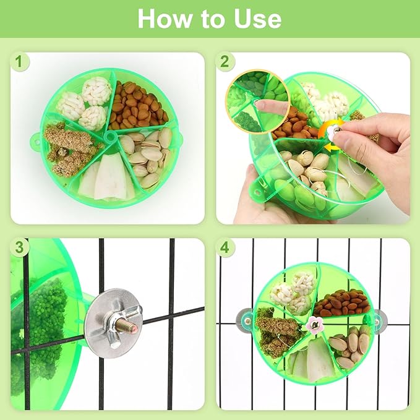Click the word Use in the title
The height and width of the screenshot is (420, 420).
pos(258,19)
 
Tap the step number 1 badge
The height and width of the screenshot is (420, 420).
pos(19,62)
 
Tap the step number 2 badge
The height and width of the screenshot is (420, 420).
pos(225,62)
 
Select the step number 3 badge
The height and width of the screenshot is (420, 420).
pos(19,247)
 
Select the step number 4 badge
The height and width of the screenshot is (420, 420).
pos(225,247)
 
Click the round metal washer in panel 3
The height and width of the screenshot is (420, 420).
pos(113,323)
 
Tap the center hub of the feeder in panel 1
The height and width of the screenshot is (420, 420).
pos(110,137)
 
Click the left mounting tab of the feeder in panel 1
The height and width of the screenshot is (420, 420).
pos(35,140)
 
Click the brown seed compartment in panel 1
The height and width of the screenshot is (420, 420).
pos(137,105)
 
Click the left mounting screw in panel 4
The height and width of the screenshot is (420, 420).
pos(248,320)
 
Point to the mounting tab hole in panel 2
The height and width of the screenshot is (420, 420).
pos(257,192)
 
